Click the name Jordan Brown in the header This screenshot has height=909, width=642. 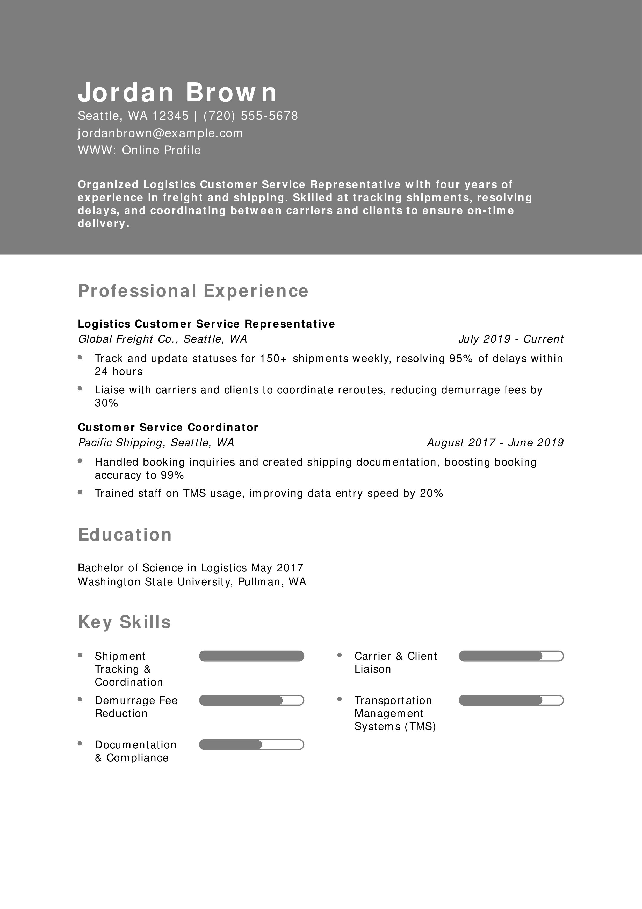(177, 92)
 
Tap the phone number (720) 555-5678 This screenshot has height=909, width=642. (250, 116)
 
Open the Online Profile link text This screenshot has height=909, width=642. (161, 151)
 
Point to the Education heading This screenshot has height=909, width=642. (125, 535)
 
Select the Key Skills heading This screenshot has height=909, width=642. (124, 622)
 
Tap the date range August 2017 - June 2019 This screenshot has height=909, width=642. (495, 443)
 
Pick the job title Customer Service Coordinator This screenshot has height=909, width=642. (168, 427)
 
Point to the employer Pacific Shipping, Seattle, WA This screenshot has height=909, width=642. (156, 443)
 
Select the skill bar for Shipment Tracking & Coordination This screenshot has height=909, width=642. (251, 656)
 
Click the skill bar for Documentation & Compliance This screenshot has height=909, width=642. (251, 745)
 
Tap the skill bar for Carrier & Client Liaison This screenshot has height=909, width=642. (511, 656)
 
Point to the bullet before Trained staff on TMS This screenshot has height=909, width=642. (80, 492)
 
